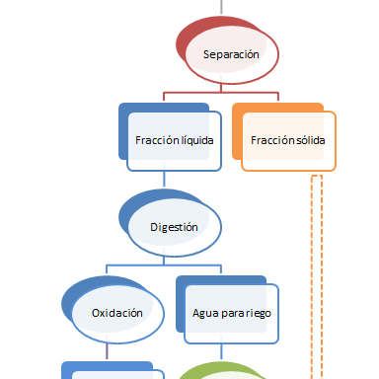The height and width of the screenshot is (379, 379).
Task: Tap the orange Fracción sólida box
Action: [287, 140]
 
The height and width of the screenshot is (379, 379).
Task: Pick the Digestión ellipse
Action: [174, 226]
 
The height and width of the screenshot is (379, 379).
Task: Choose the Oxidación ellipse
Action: [116, 313]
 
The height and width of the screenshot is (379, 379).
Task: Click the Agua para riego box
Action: [231, 313]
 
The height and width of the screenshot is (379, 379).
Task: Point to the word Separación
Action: [230, 54]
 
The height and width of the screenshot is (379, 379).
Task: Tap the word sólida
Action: [309, 140]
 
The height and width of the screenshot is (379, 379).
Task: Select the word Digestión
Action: [174, 226]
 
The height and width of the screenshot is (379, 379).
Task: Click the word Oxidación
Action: [117, 313]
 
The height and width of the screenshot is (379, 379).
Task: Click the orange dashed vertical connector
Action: [317, 276]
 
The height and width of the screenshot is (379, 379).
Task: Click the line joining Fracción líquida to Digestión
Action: [164, 183]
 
